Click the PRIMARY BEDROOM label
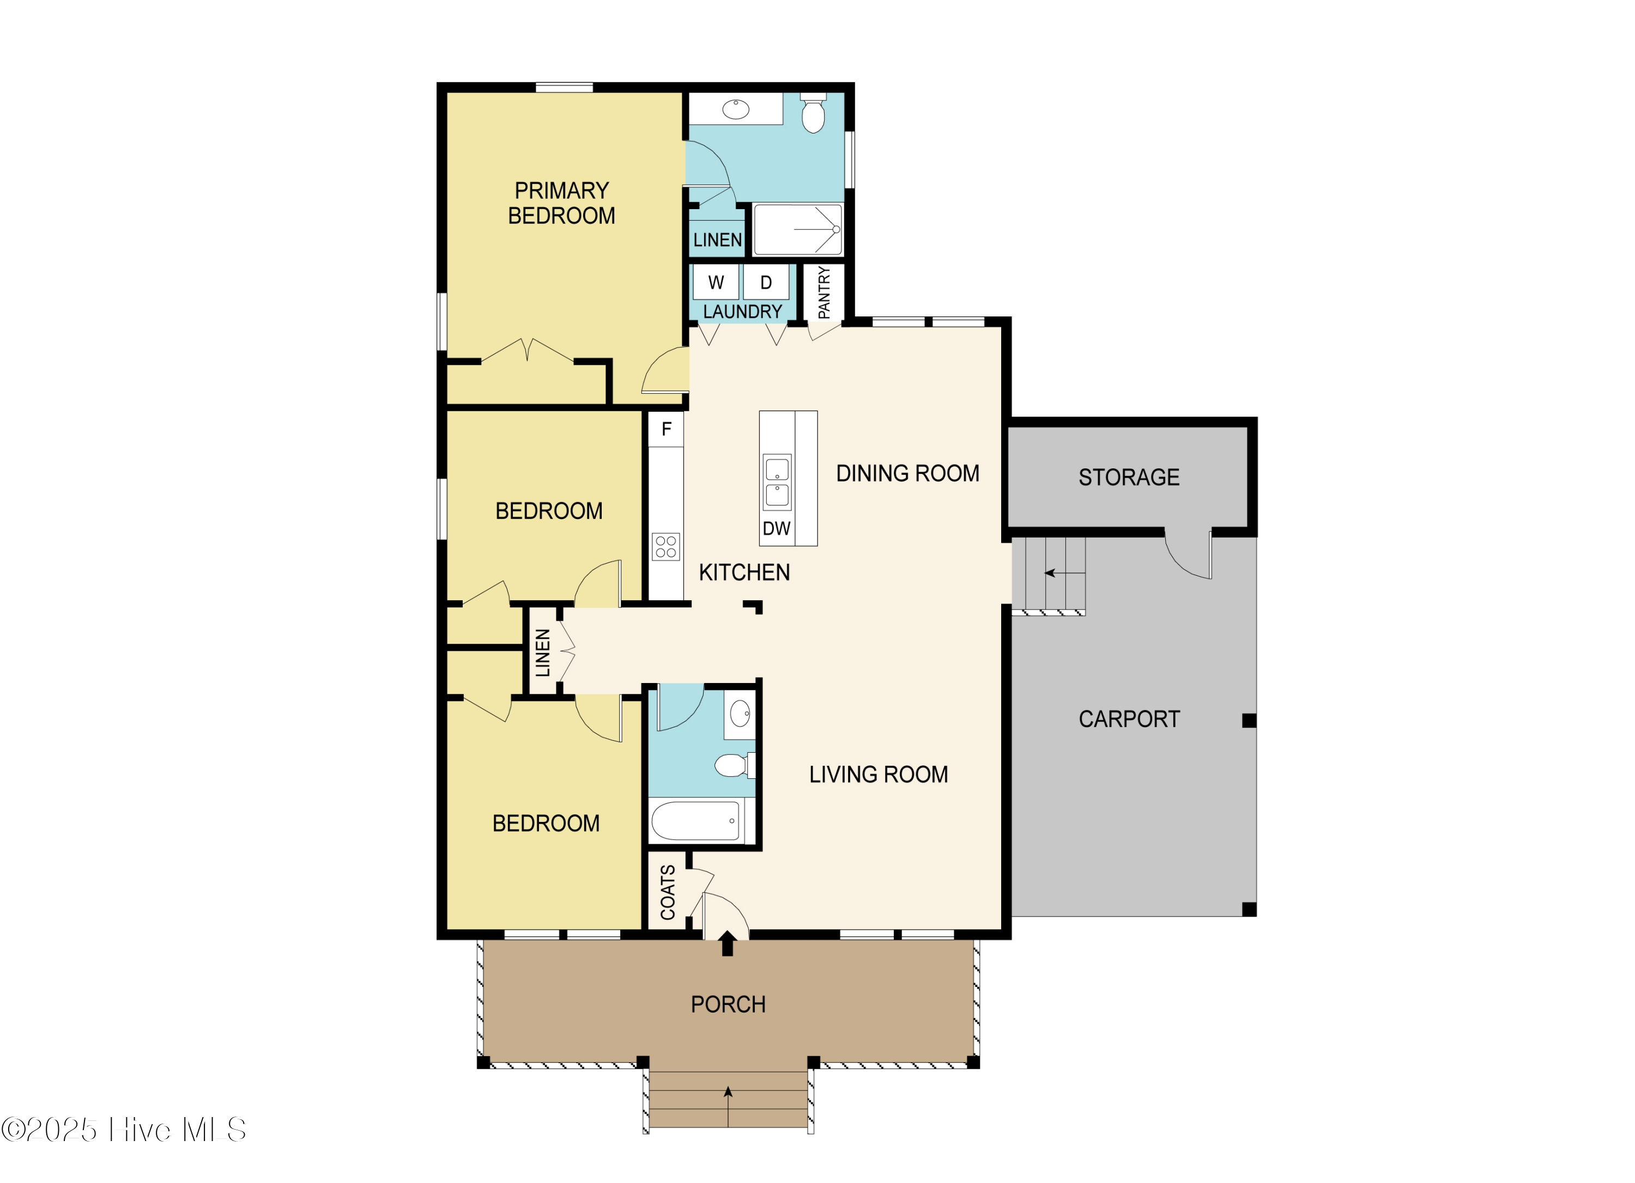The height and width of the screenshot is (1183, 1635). pyautogui.click(x=561, y=203)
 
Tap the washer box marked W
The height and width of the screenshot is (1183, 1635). pyautogui.click(x=715, y=283)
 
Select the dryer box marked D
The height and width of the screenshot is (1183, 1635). pyautogui.click(x=766, y=283)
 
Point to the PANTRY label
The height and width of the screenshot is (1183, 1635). pyautogui.click(x=824, y=292)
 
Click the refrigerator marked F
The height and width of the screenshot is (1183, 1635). pyautogui.click(x=665, y=429)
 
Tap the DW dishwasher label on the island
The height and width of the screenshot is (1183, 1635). pyautogui.click(x=777, y=529)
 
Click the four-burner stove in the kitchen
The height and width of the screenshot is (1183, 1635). pyautogui.click(x=665, y=547)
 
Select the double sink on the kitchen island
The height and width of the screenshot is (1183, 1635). pyautogui.click(x=777, y=482)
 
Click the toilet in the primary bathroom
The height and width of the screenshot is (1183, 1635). pyautogui.click(x=813, y=114)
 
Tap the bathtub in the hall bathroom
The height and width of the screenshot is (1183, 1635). pyautogui.click(x=695, y=821)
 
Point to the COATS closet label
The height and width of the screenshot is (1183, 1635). pyautogui.click(x=668, y=893)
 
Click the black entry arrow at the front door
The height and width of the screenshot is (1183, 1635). pyautogui.click(x=728, y=944)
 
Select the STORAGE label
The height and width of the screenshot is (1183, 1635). pyautogui.click(x=1129, y=477)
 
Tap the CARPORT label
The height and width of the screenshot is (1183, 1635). pyautogui.click(x=1129, y=719)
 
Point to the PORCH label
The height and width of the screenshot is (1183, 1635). pyautogui.click(x=728, y=1004)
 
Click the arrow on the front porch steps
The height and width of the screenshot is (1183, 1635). pyautogui.click(x=728, y=1107)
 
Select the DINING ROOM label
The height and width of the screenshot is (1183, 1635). pyautogui.click(x=907, y=473)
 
